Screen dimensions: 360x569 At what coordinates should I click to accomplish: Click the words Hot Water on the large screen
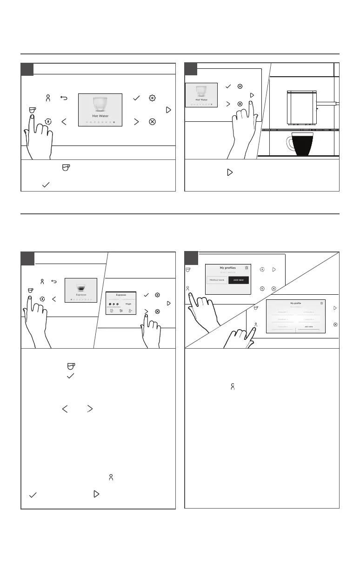(x=100, y=116)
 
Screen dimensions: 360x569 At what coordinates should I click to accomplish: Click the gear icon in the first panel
(x=152, y=98)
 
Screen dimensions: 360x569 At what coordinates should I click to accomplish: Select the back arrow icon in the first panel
(x=64, y=99)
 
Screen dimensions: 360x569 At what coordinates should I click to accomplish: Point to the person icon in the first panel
(x=47, y=99)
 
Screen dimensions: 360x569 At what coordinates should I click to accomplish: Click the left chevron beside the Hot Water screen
(x=64, y=122)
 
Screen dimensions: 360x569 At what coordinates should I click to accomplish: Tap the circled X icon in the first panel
(x=152, y=122)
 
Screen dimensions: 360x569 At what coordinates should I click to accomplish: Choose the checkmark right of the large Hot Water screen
(x=136, y=98)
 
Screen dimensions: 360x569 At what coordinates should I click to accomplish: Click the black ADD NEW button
(x=239, y=280)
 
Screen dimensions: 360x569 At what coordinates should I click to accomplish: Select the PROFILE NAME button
(x=217, y=280)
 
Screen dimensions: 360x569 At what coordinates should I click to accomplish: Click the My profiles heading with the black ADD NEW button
(x=228, y=268)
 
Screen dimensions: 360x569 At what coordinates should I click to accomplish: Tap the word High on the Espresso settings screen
(x=128, y=304)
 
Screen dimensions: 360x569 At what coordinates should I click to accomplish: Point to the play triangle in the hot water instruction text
(x=229, y=172)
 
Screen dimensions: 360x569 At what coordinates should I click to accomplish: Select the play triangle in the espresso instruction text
(x=96, y=494)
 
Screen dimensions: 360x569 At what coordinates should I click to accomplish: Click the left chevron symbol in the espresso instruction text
(x=65, y=409)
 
